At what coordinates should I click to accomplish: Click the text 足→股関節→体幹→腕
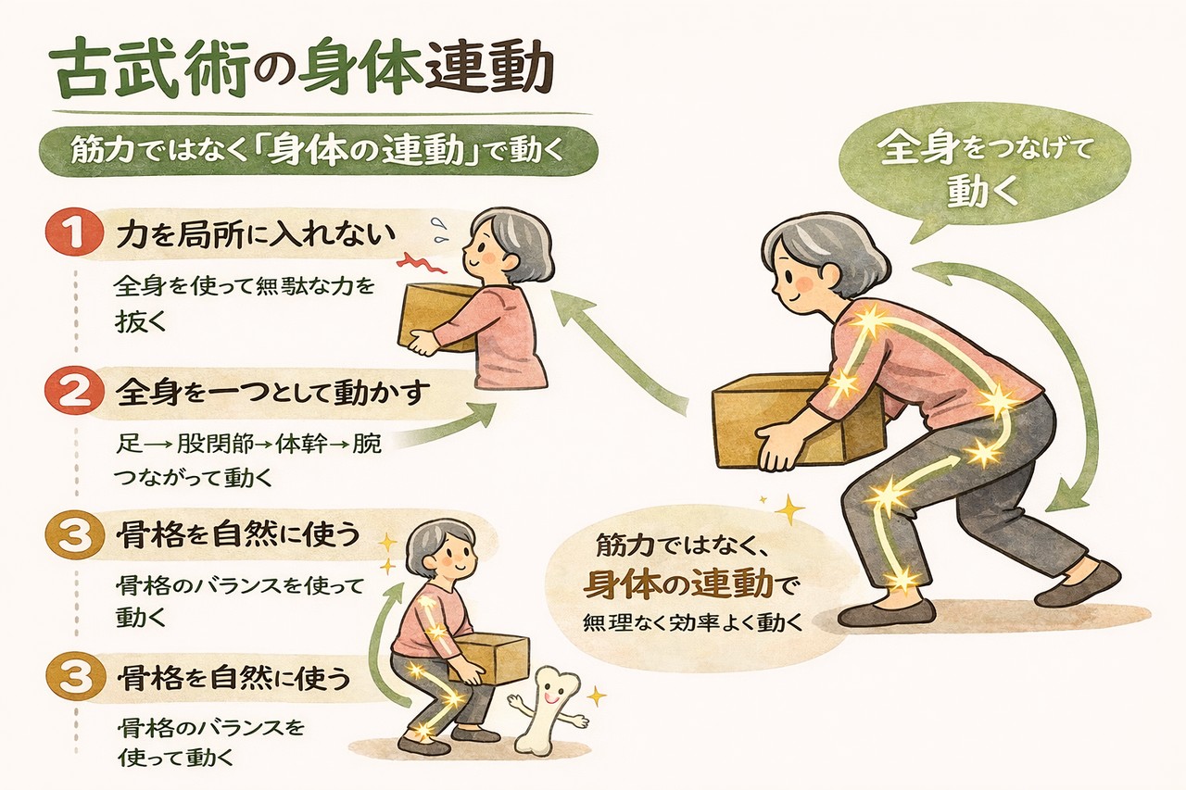[x=246, y=444]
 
